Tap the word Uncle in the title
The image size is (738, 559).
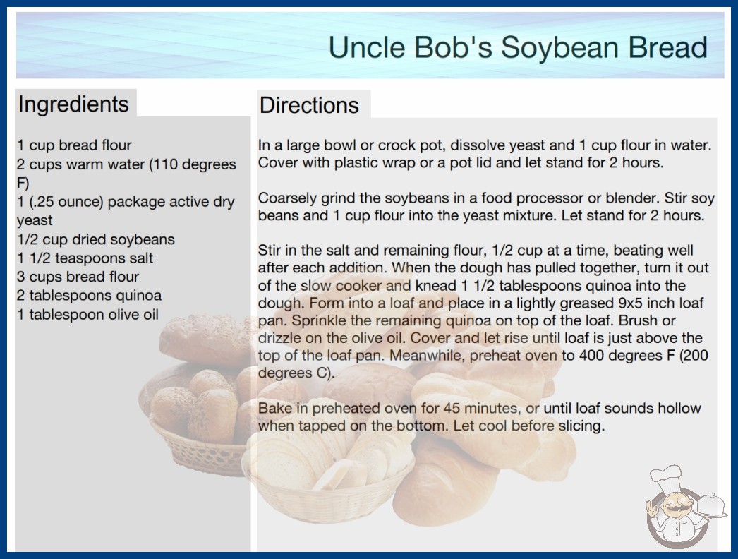pos(367,47)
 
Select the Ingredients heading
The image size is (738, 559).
pos(73,104)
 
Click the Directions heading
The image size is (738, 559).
pos(309,105)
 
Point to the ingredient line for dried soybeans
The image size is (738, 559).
pos(95,239)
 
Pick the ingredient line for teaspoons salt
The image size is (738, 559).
pos(85,258)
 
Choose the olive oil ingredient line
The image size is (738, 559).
pos(88,314)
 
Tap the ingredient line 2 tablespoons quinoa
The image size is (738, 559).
pos(90,295)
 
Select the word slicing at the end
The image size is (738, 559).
pos(581,426)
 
